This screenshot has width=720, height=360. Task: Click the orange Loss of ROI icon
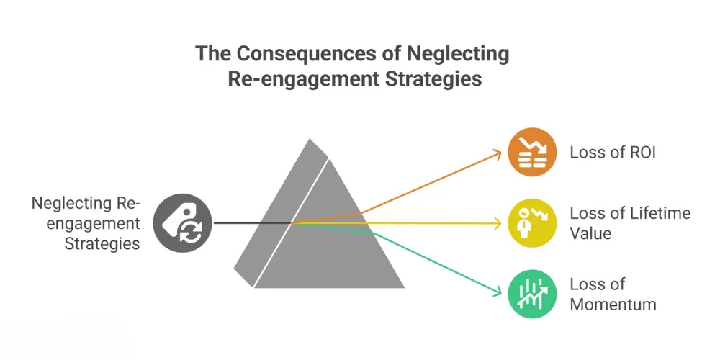[532, 152]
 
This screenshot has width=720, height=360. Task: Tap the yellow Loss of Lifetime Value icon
[532, 223]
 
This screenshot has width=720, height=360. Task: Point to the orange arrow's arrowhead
[498, 153]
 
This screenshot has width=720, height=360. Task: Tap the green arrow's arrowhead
[498, 292]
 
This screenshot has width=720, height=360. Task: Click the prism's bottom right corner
[404, 287]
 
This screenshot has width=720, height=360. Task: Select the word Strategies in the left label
[102, 243]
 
